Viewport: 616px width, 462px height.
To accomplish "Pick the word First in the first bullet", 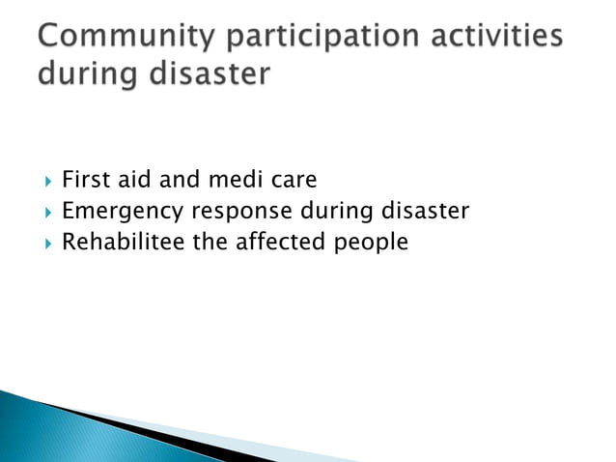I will point(83,181).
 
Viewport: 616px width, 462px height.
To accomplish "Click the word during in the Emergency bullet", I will point(339,211).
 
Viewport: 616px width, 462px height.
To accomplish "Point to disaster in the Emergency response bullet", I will point(425,211).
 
